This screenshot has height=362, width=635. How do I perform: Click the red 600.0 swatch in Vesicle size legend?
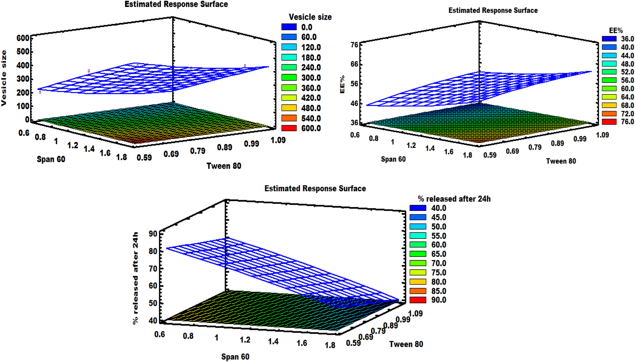click(x=289, y=128)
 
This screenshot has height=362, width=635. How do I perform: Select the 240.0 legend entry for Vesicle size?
click(x=311, y=67)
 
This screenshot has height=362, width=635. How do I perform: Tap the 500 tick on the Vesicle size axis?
click(x=23, y=52)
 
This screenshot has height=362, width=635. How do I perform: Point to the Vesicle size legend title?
click(x=310, y=17)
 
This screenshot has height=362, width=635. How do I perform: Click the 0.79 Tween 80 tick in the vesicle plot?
click(x=198, y=151)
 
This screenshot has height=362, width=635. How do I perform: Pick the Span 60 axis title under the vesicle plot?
click(x=51, y=159)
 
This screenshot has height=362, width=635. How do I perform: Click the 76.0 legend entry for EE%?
click(x=627, y=122)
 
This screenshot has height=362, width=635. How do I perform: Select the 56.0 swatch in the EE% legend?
click(x=609, y=80)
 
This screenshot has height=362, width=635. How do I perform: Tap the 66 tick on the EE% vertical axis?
click(x=354, y=64)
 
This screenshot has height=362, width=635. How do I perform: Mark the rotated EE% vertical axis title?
click(x=342, y=84)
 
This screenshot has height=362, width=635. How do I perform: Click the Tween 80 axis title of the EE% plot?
click(x=561, y=161)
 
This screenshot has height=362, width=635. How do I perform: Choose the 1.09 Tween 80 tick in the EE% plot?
click(x=602, y=135)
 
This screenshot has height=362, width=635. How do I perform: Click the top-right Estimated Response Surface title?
click(x=493, y=10)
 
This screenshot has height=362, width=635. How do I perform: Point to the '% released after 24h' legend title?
click(x=454, y=199)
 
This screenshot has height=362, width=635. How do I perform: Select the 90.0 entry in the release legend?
click(x=439, y=300)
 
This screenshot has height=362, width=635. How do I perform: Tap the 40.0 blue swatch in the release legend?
click(x=418, y=208)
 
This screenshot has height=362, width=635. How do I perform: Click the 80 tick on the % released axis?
click(x=153, y=251)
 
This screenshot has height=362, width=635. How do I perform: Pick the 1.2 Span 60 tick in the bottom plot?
click(x=245, y=339)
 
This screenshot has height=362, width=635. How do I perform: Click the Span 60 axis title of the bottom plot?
click(x=235, y=357)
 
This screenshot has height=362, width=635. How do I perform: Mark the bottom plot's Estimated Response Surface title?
click(x=315, y=188)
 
